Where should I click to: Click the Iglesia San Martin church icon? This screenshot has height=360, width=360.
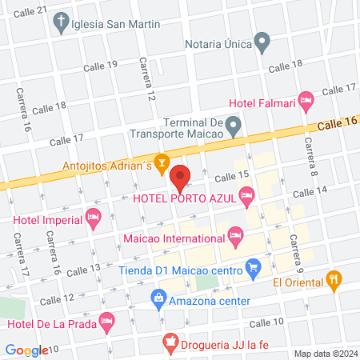(x=62, y=24)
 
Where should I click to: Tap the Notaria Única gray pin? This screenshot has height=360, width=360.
(x=261, y=41)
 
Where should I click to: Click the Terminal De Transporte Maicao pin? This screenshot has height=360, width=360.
(x=233, y=125)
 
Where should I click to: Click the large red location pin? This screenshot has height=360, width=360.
(x=180, y=176)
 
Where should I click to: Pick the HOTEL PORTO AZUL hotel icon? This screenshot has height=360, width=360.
(x=247, y=194)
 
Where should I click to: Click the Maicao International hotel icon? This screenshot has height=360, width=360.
(x=234, y=235)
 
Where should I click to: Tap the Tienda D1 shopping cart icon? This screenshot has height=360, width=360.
(x=254, y=267)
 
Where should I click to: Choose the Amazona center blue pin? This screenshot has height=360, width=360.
(x=158, y=301)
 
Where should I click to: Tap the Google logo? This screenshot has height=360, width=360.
(x=26, y=350)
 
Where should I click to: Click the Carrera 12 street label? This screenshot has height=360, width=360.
(x=147, y=81)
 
